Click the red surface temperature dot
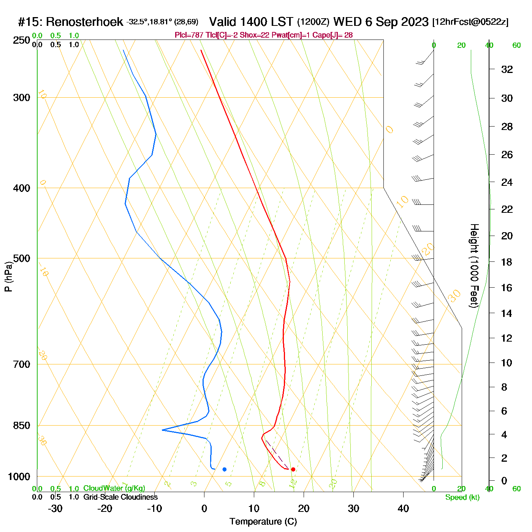coord(293,469)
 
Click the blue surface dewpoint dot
coord(225,469)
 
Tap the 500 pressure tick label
coord(22,258)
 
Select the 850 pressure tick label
coord(22,426)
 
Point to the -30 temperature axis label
coord(55,508)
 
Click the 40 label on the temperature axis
coord(403,508)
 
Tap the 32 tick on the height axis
coord(507,70)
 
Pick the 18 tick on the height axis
coord(507,262)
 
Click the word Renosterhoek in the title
coord(84,22)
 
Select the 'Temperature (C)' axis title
coord(263,522)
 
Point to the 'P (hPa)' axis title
coord(8,277)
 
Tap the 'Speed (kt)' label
coord(462,497)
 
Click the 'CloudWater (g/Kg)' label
coord(114,488)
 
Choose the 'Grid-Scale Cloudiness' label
coord(120,497)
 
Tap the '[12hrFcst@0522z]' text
coord(470,22)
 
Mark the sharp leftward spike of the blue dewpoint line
coord(163,430)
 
